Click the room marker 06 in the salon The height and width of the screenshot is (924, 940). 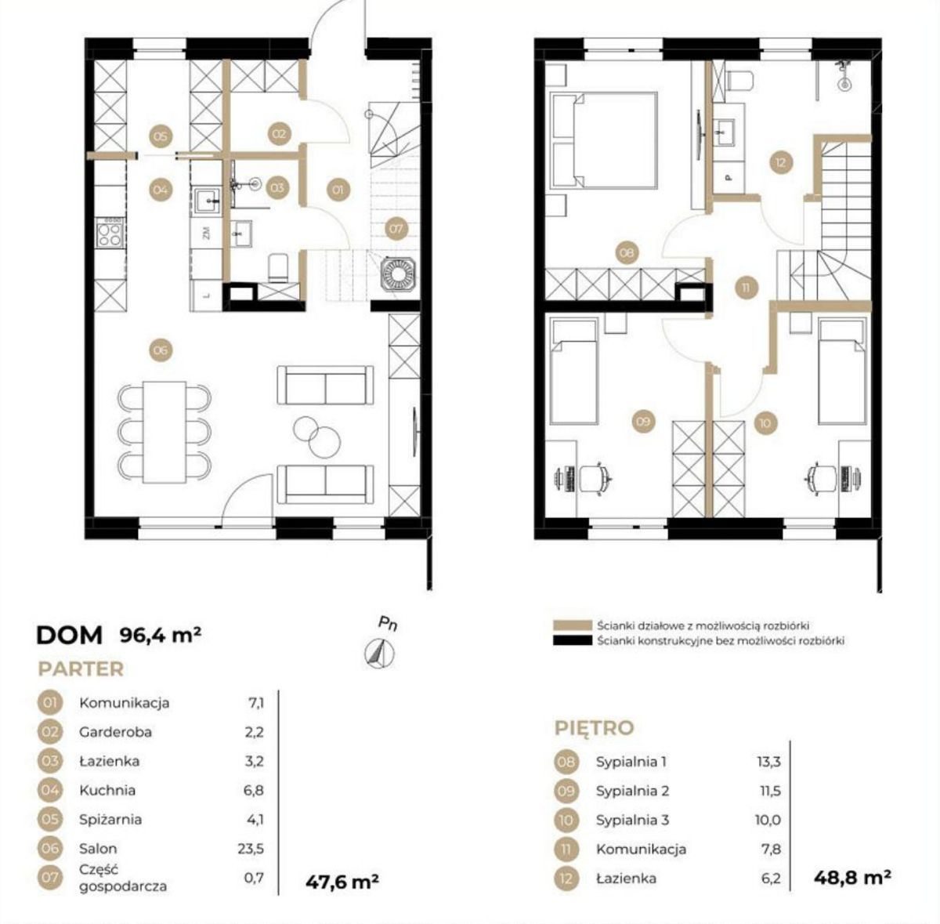pos(161,350)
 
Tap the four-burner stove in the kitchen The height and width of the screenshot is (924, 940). pos(110,234)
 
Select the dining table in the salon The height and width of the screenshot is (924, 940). pos(164,433)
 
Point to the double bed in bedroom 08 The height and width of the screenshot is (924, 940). pos(603,141)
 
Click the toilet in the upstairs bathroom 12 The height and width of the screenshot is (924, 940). pos(740,81)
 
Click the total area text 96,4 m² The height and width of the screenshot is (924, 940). pos(161,635)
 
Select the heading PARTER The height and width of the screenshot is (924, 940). pos(81,669)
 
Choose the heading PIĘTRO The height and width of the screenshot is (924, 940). pos(594,728)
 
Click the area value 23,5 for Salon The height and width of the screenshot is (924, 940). pos(251,849)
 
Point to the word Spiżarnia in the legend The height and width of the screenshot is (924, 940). pos(110,820)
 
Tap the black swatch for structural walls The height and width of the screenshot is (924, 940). pos(572,640)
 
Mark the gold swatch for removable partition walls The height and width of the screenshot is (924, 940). pos(572,625)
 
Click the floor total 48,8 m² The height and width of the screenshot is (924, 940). pos(852,878)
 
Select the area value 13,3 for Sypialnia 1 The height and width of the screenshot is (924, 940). pos(768,762)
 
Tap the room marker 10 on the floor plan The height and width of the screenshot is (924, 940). pos(765,422)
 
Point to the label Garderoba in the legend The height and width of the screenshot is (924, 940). pos(116,732)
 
